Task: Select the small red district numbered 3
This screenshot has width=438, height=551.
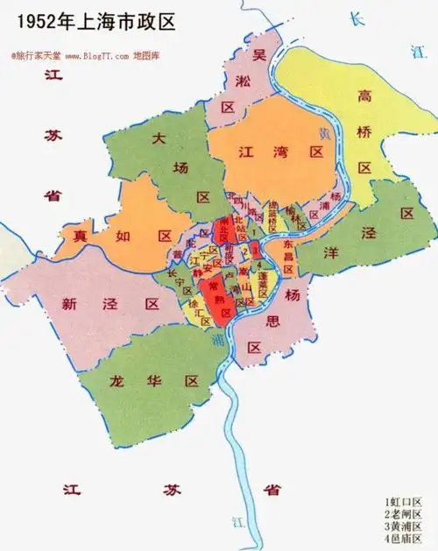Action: pyautogui.click(x=254, y=251)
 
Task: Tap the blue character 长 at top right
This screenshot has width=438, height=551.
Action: pyautogui.click(x=354, y=19)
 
